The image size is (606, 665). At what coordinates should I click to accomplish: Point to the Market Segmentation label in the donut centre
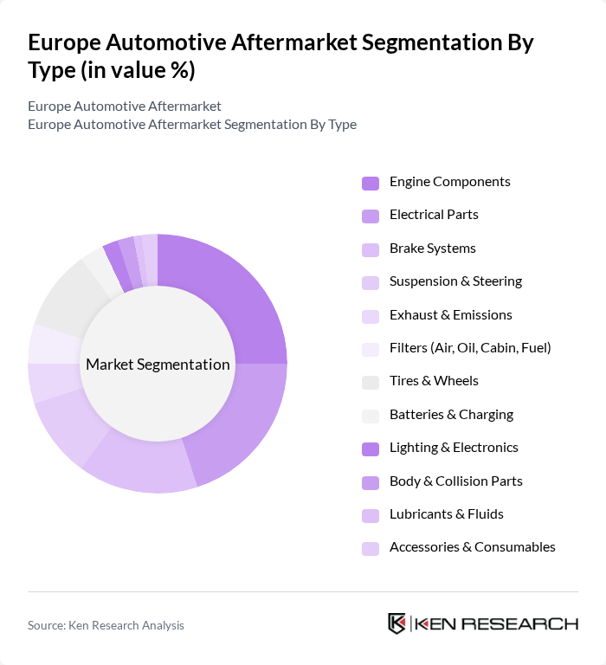(x=158, y=365)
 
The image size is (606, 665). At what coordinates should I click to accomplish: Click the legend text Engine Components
(x=449, y=182)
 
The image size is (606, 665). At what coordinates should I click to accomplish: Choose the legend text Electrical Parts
(x=434, y=215)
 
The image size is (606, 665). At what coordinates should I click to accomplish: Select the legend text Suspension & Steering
(x=455, y=281)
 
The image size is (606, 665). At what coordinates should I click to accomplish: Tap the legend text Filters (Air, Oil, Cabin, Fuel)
(x=470, y=348)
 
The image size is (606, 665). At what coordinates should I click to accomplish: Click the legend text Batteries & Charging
(x=451, y=415)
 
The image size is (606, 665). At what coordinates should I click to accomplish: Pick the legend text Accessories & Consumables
(x=472, y=547)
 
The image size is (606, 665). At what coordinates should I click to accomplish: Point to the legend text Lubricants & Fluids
(x=446, y=514)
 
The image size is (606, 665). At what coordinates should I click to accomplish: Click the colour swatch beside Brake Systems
(x=370, y=249)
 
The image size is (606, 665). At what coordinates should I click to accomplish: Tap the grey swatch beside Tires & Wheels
(x=370, y=382)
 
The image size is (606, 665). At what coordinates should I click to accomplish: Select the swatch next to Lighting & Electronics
(x=370, y=449)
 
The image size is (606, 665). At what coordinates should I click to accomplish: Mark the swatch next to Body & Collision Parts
(x=370, y=481)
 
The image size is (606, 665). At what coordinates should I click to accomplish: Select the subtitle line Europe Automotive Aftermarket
(x=125, y=107)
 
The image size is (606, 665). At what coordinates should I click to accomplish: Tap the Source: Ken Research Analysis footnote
(x=106, y=625)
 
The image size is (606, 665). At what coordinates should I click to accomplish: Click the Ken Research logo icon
(x=397, y=624)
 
